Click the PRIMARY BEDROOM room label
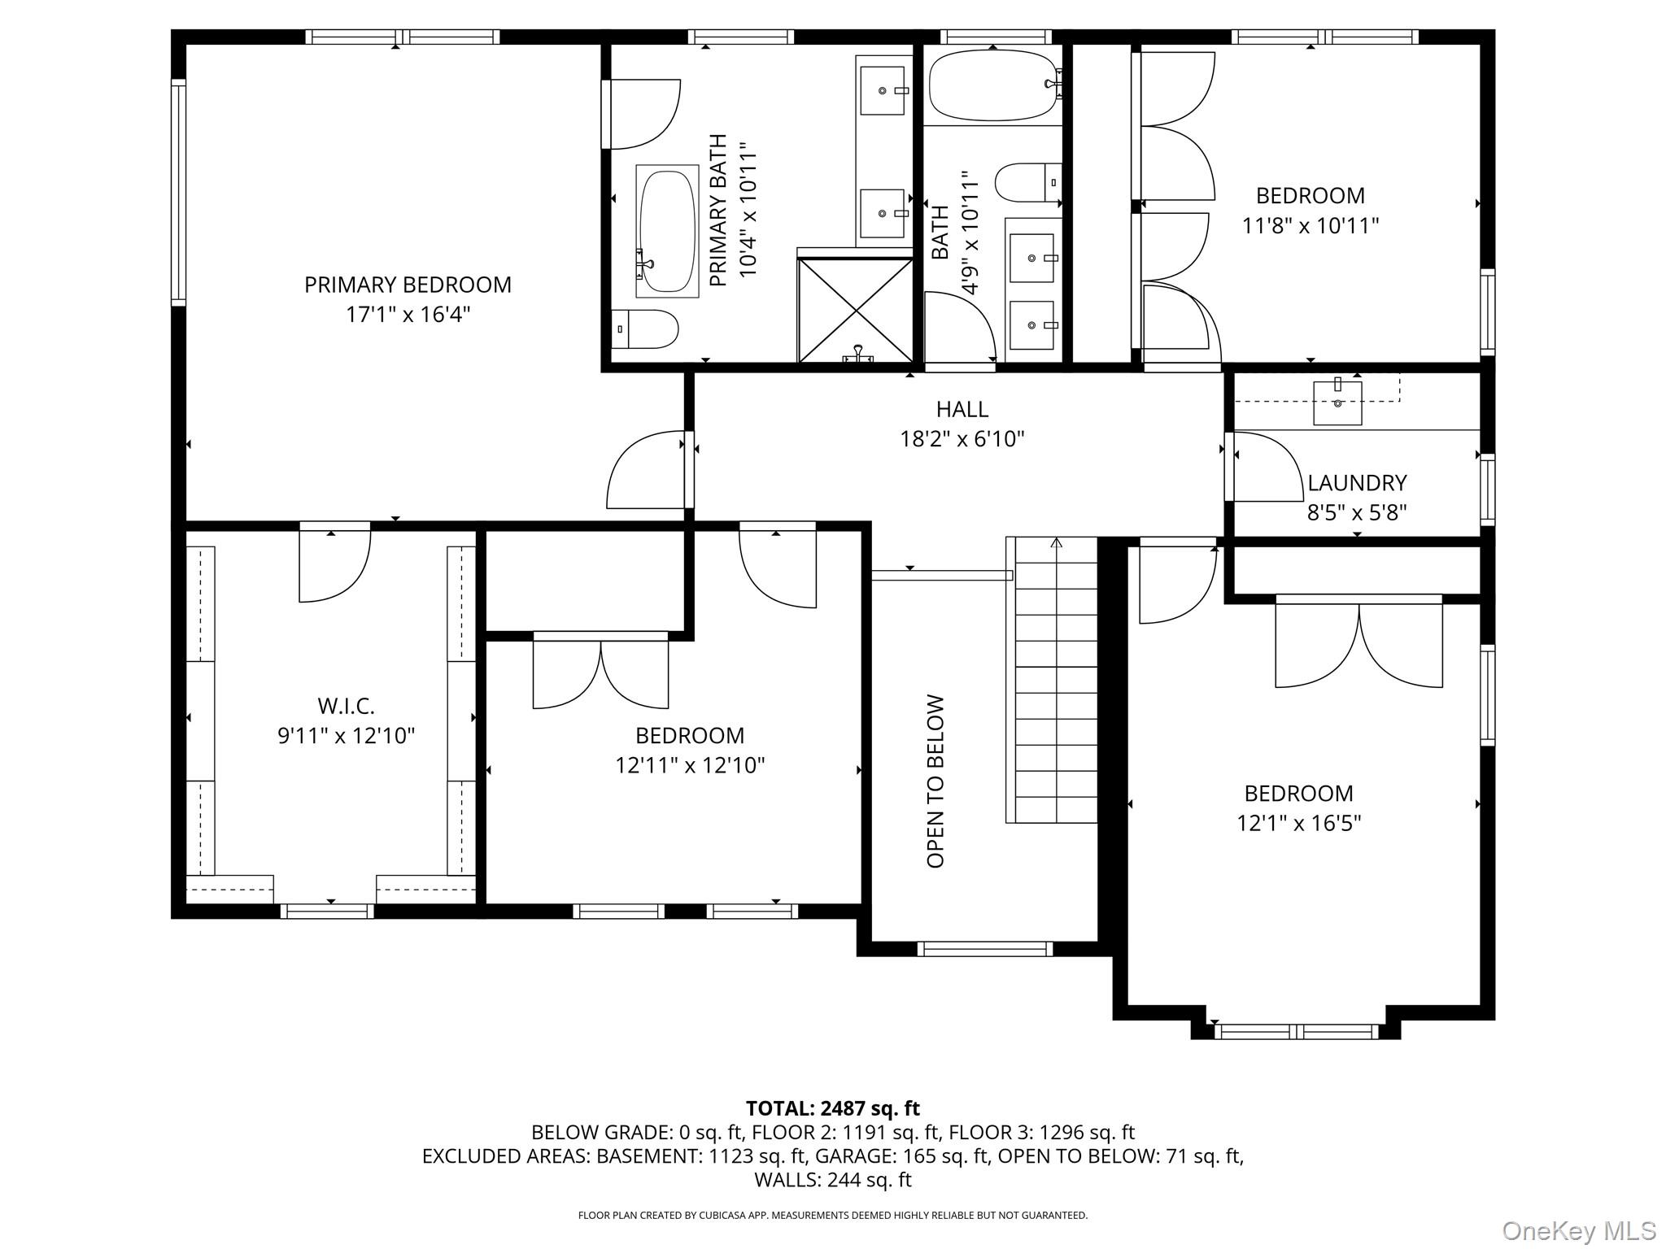[408, 285]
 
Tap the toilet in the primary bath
[645, 329]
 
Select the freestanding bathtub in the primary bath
[667, 231]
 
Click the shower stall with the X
[856, 310]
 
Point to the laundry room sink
[1337, 402]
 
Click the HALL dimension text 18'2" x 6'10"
[962, 439]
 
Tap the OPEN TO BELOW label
[935, 781]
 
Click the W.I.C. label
[346, 706]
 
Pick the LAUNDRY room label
[1357, 483]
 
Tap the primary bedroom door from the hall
[646, 470]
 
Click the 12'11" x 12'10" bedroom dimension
[690, 766]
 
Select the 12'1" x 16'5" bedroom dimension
[1298, 824]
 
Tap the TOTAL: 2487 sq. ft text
[832, 1108]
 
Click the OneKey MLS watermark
[1579, 1230]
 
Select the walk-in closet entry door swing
[335, 567]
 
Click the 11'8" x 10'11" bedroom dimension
[1311, 225]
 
